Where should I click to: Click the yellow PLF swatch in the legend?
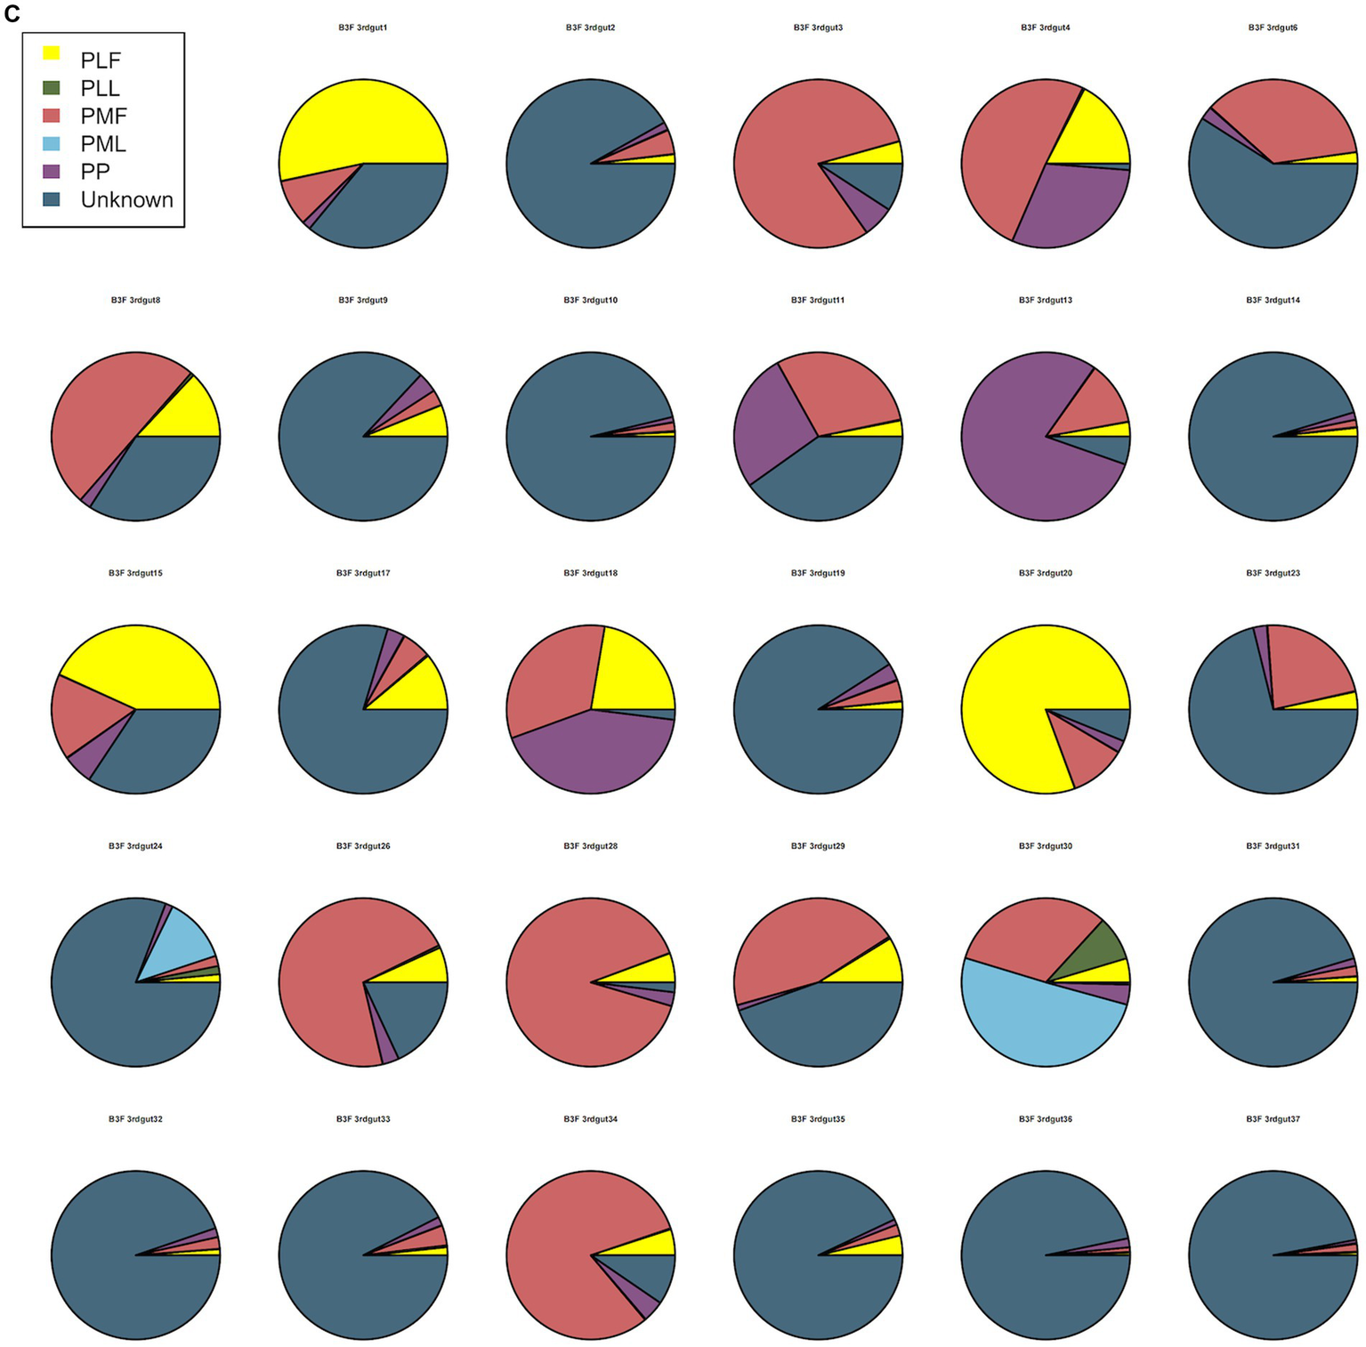pyautogui.click(x=52, y=53)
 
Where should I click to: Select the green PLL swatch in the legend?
pyautogui.click(x=52, y=87)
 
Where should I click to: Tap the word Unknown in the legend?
pyautogui.click(x=126, y=199)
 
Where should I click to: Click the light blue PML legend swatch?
pyautogui.click(x=52, y=143)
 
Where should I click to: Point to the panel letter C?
pyautogui.click(x=12, y=14)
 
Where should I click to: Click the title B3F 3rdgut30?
pyautogui.click(x=1045, y=846)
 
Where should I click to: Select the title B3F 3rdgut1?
pyautogui.click(x=362, y=28)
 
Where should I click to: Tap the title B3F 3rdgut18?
pyautogui.click(x=590, y=573)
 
